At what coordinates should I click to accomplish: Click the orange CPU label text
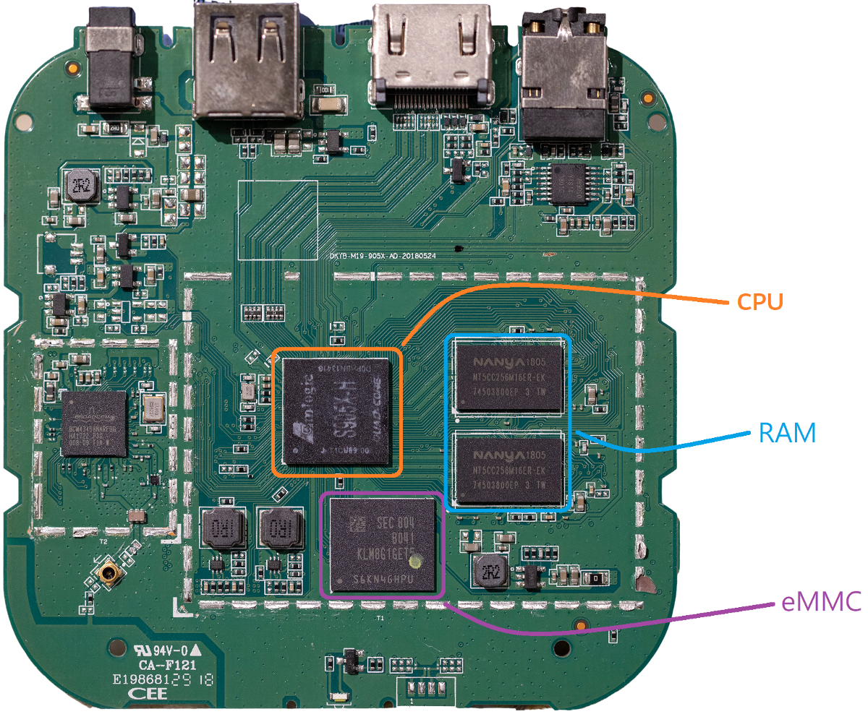click(x=759, y=301)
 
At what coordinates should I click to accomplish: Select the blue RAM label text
click(x=787, y=433)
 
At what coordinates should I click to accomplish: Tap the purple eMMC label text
click(x=821, y=601)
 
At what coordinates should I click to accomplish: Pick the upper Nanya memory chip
click(x=508, y=377)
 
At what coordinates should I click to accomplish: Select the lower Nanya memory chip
click(x=508, y=468)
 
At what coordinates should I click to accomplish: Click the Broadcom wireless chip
click(x=93, y=424)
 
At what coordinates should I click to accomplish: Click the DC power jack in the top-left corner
click(x=113, y=61)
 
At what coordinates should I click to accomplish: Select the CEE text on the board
click(x=147, y=694)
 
